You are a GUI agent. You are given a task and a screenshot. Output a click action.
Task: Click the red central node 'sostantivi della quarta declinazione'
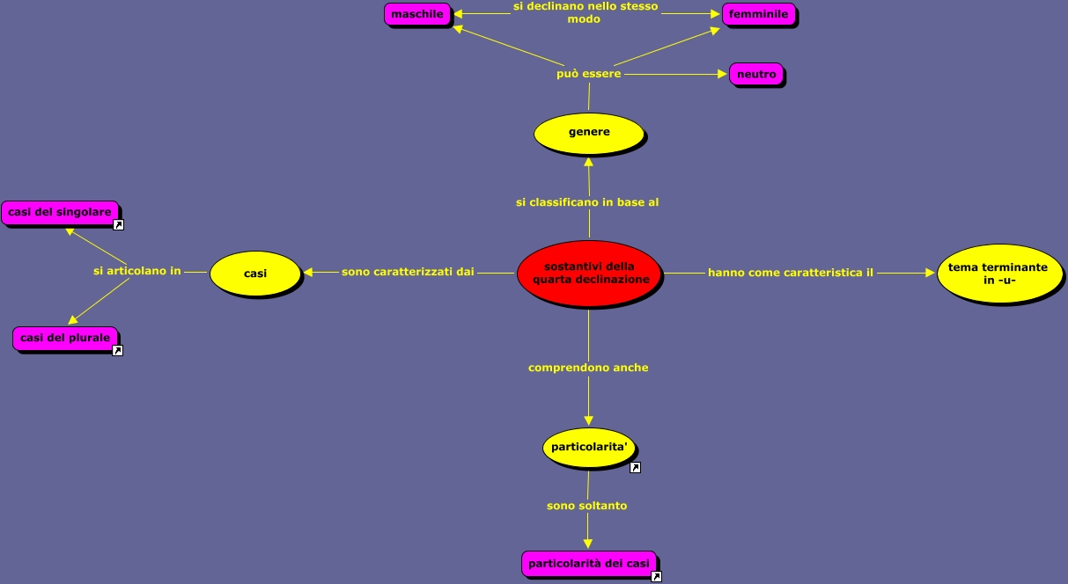point(589,274)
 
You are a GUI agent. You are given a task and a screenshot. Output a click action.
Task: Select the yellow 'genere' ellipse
point(589,133)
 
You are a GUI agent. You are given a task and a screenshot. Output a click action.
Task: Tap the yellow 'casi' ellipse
point(255,274)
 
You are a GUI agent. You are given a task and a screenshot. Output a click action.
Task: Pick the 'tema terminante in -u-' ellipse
point(998,274)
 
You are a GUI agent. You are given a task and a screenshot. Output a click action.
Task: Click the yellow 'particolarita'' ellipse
point(589,448)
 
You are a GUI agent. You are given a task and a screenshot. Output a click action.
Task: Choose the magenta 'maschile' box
point(417,14)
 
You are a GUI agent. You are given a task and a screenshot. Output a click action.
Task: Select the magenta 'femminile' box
point(758,14)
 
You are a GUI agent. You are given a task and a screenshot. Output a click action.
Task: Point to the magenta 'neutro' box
point(756,75)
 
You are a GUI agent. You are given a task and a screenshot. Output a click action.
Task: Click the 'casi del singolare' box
point(60,212)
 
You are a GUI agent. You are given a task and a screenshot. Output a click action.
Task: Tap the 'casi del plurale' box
point(65,338)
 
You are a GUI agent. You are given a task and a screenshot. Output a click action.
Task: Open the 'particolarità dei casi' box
point(588,563)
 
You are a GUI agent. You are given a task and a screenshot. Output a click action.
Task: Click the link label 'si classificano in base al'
point(587,202)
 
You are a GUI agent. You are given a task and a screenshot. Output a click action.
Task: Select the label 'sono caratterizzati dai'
point(408,272)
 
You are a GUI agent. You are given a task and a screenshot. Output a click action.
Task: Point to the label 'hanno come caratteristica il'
point(791,273)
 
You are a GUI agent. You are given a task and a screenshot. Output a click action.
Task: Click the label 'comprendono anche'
point(588,368)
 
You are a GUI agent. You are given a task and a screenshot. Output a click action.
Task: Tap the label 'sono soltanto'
point(587,506)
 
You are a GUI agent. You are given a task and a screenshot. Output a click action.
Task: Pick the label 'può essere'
point(589,74)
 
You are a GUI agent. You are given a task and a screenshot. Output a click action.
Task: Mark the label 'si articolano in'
point(137,271)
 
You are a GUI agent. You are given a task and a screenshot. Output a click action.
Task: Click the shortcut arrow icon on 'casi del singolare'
point(118,225)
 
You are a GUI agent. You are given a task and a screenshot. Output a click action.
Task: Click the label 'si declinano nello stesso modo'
point(586,12)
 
